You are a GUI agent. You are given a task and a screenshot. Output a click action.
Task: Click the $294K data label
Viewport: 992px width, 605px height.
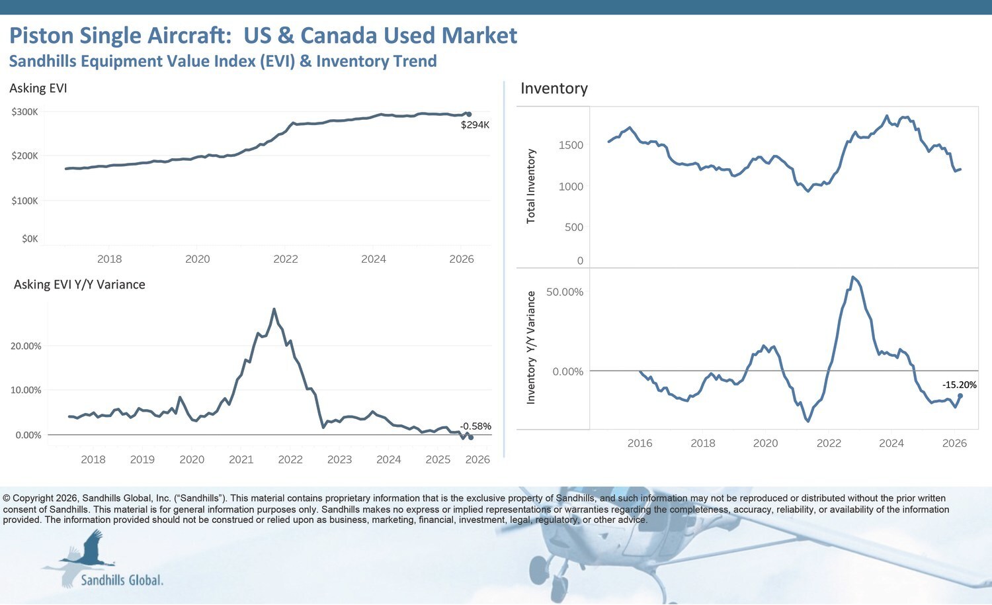click(475, 125)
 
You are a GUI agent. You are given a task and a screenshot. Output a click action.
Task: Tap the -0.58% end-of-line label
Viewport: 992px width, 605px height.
click(476, 426)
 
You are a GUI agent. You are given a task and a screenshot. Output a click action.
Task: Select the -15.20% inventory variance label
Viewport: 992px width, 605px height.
click(959, 385)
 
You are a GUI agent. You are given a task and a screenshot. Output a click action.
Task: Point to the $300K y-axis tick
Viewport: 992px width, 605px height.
click(25, 112)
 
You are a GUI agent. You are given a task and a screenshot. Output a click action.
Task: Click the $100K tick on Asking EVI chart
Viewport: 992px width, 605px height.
click(25, 201)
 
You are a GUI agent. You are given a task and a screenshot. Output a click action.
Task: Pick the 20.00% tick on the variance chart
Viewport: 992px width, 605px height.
click(26, 346)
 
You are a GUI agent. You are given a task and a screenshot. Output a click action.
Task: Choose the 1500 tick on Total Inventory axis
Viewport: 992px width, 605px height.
click(571, 146)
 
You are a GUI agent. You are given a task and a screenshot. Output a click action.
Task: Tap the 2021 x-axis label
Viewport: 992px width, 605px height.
click(241, 459)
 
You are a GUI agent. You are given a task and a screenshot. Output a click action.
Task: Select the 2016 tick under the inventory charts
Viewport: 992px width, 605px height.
click(640, 443)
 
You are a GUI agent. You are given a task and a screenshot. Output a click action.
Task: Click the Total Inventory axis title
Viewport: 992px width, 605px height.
click(531, 186)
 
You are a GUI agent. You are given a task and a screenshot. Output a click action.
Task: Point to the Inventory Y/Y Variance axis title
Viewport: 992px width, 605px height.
click(531, 348)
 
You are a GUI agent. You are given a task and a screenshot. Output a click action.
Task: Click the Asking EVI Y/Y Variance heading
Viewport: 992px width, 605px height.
click(79, 285)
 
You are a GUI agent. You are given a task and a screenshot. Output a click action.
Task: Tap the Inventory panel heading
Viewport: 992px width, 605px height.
click(554, 89)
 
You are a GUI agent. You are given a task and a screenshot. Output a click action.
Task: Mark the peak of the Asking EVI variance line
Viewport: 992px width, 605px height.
click(274, 309)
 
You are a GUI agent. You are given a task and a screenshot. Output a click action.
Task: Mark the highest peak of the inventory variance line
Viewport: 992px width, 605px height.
click(853, 277)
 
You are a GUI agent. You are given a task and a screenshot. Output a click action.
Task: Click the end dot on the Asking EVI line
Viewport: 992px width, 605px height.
click(469, 115)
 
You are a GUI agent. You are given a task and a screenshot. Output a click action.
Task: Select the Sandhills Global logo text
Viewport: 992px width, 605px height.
click(122, 581)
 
